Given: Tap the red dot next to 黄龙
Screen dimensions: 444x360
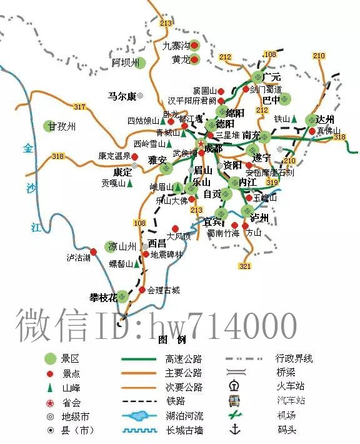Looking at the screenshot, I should [x=194, y=60].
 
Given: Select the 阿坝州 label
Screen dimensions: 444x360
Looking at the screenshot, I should [x=124, y=63].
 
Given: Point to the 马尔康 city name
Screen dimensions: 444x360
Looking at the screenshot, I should [x=121, y=96].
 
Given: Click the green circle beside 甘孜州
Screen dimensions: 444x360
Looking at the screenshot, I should [x=50, y=126].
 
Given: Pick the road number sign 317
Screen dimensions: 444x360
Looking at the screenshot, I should [x=79, y=107].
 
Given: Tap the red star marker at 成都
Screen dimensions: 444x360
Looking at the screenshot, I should [x=201, y=144].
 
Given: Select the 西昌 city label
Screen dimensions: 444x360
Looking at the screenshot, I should [x=157, y=243].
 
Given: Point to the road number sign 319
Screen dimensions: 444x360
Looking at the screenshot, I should [x=271, y=183].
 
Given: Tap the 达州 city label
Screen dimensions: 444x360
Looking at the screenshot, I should [x=325, y=119].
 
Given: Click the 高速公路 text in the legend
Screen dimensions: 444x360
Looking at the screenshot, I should [x=184, y=359].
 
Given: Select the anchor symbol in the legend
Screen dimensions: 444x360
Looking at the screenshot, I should [x=236, y=429].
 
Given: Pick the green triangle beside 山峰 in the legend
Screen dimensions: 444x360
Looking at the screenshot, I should [x=50, y=388].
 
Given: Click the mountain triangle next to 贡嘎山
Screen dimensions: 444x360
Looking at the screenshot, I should [x=131, y=184].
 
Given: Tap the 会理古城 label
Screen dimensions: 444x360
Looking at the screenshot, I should [x=164, y=290].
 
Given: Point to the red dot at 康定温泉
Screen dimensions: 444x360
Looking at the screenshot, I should [x=135, y=156].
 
